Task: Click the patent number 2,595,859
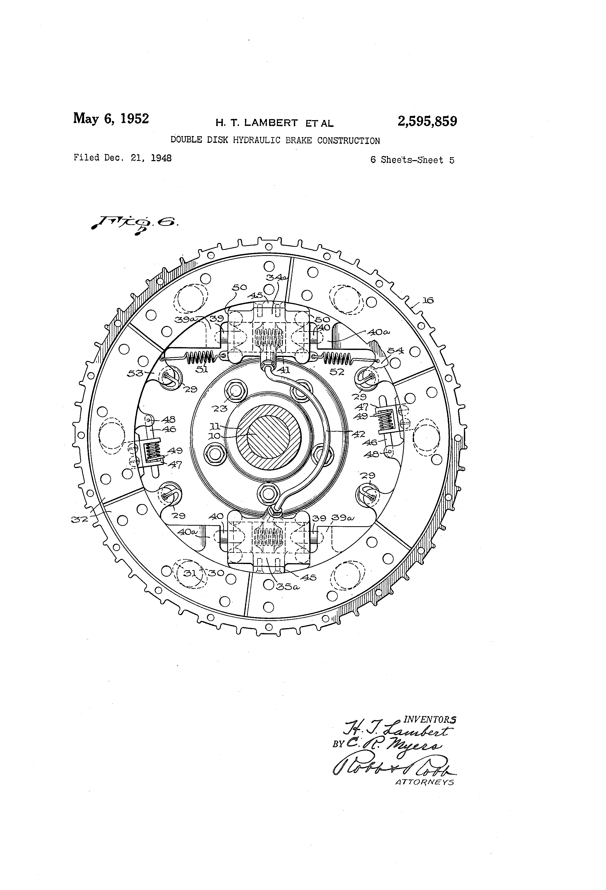427,122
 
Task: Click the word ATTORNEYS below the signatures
424,782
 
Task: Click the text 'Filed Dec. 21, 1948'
123,158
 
